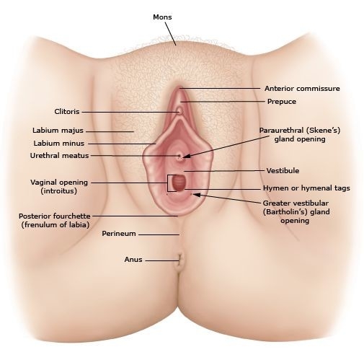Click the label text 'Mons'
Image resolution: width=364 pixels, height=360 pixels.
[162, 17]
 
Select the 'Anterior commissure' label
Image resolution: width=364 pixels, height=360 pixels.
[302, 89]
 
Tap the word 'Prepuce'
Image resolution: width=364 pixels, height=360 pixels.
[282, 102]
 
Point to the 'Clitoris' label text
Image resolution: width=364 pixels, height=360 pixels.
[67, 112]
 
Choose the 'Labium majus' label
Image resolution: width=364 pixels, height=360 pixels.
[58, 131]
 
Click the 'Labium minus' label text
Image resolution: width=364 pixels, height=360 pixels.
[59, 144]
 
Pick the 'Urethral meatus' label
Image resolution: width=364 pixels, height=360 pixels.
[59, 156]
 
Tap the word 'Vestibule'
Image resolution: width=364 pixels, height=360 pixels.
[283, 171]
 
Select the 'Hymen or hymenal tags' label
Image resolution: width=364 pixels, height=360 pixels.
[306, 188]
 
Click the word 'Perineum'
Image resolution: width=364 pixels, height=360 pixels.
[119, 234]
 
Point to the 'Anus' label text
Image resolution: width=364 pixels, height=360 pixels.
[133, 260]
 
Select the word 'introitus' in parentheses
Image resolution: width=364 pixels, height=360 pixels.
[59, 191]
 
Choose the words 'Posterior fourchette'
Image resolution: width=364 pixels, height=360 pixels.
[55, 216]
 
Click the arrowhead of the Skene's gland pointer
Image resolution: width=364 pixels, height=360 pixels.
[186, 157]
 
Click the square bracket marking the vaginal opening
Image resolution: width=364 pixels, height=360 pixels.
[168, 183]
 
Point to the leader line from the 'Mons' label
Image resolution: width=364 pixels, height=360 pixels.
[170, 33]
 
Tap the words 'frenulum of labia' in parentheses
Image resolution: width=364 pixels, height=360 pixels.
[56, 225]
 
